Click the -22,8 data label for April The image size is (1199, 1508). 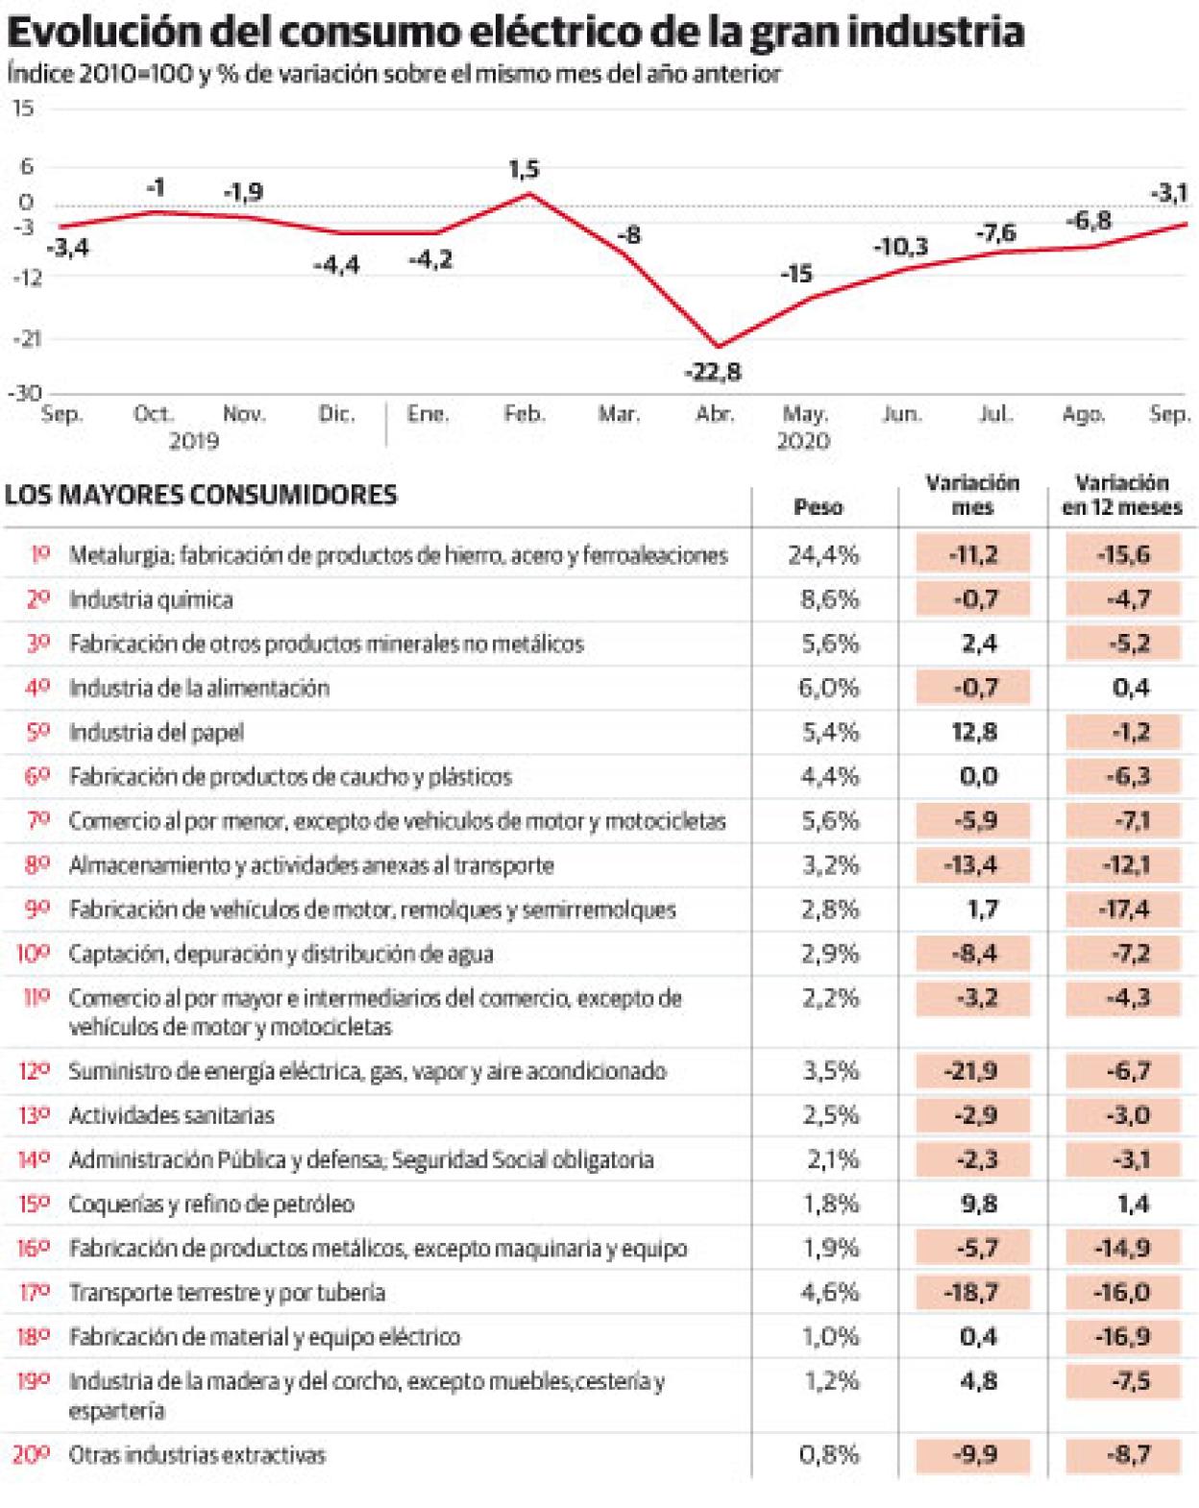[x=713, y=372]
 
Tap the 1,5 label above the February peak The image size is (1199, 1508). [x=523, y=170]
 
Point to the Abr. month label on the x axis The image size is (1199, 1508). [x=714, y=414]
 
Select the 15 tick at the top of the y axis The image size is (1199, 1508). [x=22, y=109]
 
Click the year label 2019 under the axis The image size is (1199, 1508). [x=194, y=441]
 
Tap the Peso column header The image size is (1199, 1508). [x=819, y=507]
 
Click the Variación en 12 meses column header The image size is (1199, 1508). [x=1121, y=496]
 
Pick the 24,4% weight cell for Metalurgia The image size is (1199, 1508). [x=830, y=555]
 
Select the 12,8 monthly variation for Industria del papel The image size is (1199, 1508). [x=974, y=732]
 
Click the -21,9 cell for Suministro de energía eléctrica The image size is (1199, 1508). [x=973, y=1071]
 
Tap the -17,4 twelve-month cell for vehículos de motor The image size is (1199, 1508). [x=1122, y=910]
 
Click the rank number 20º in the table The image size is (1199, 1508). [x=31, y=1455]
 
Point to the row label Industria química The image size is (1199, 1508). [x=151, y=600]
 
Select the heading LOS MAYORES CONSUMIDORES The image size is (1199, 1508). [x=201, y=496]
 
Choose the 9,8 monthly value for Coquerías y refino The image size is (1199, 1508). [x=978, y=1204]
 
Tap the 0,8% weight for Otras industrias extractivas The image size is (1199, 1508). [x=830, y=1455]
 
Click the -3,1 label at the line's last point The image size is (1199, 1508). [x=1168, y=193]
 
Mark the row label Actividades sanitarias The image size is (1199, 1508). [x=172, y=1116]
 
